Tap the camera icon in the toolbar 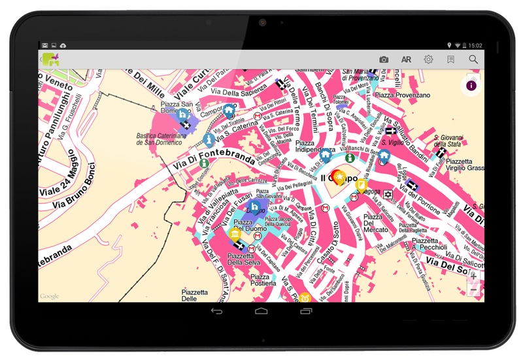[384, 59]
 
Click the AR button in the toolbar [406, 59]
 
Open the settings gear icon [428, 59]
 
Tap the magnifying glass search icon [473, 59]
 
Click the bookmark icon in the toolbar [451, 59]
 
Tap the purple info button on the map [471, 86]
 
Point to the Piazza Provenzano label [403, 95]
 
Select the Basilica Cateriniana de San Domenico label [162, 139]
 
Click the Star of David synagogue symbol [388, 195]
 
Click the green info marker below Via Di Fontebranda [204, 163]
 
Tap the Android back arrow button [216, 311]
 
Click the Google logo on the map [50, 297]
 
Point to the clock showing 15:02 [475, 45]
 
